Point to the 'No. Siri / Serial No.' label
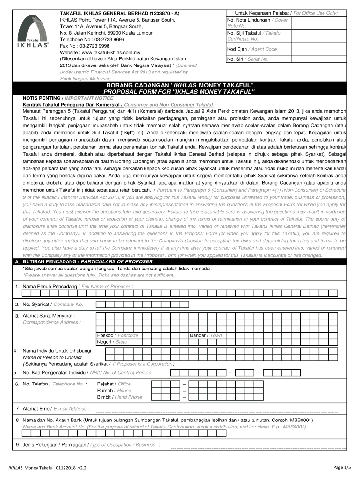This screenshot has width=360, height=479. point(247,59)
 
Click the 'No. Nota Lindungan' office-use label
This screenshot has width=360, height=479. point(248,21)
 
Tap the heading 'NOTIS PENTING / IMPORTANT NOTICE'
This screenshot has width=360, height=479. point(62,99)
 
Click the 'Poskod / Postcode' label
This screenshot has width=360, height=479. point(117,335)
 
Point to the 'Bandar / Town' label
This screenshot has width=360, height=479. point(206,335)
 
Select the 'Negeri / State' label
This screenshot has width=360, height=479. point(112,342)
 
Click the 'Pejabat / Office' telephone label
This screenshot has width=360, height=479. point(114,384)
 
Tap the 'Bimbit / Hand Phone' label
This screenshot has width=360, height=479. point(119,397)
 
